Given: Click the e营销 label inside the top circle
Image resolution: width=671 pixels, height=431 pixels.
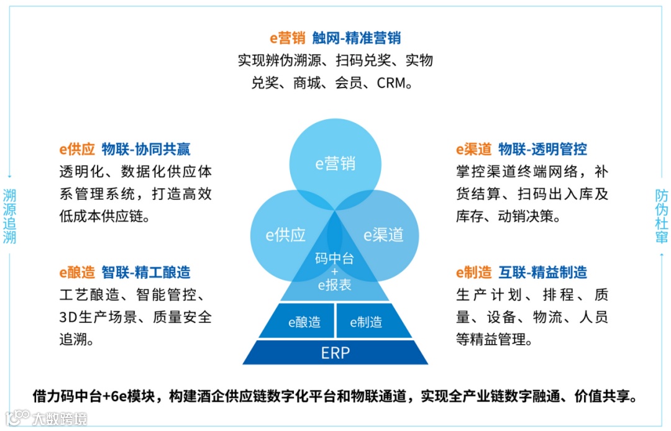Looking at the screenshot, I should pyautogui.click(x=335, y=163).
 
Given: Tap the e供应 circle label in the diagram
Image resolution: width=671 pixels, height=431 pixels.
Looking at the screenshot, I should pyautogui.click(x=286, y=235).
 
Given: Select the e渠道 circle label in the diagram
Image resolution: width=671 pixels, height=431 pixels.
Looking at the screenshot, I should pyautogui.click(x=383, y=235).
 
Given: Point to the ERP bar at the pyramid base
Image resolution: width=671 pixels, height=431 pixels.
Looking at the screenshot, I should pyautogui.click(x=335, y=353).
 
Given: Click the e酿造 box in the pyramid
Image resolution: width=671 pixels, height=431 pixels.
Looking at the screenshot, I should pyautogui.click(x=304, y=322).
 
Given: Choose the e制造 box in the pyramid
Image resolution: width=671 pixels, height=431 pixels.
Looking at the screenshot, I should pyautogui.click(x=366, y=322).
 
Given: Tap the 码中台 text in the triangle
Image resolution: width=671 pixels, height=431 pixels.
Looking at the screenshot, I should pyautogui.click(x=334, y=258).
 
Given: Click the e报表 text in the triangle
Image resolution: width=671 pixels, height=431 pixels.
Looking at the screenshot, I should pyautogui.click(x=334, y=285).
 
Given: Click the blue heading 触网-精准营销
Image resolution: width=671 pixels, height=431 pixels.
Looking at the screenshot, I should pyautogui.click(x=357, y=38).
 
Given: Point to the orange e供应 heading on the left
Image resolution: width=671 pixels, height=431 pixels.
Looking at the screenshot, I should pyautogui.click(x=77, y=149).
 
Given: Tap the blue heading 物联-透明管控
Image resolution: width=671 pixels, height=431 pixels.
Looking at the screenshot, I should pyautogui.click(x=542, y=149).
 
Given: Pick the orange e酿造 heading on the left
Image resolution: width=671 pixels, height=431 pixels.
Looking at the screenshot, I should pyautogui.click(x=77, y=272).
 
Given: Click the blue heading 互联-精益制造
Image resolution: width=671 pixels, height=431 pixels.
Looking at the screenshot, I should pyautogui.click(x=542, y=272).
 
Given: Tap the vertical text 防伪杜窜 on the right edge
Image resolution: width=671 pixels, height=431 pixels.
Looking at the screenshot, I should pyautogui.click(x=661, y=215).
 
